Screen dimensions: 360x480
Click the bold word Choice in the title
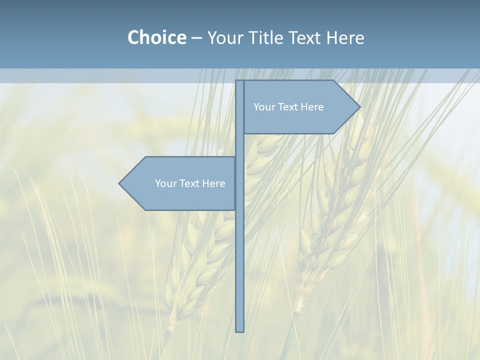[156, 37]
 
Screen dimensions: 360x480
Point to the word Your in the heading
[225, 37]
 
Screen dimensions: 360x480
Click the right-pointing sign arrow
[300, 120]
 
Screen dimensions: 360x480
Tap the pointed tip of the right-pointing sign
[359, 106]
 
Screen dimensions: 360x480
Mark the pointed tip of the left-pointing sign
[120, 183]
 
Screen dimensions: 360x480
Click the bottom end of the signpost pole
[240, 330]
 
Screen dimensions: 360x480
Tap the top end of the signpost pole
[240, 82]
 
